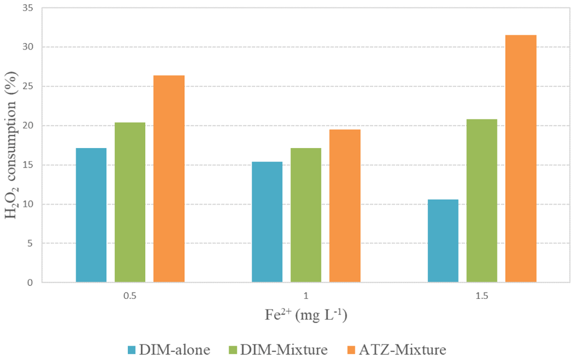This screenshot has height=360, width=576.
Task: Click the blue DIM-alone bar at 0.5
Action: [91, 215]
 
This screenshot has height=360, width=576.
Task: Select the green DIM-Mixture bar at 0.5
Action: [130, 202]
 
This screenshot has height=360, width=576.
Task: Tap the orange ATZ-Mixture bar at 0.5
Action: [169, 179]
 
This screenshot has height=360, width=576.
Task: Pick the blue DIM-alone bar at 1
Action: [267, 222]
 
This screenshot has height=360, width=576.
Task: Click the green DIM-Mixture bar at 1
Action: [306, 215]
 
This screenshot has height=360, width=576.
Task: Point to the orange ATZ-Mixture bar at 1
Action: [345, 206]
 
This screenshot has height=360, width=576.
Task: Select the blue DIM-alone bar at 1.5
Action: [443, 241]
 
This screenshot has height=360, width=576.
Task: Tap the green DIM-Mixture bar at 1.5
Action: [482, 201]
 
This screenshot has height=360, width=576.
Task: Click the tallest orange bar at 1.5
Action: [521, 159]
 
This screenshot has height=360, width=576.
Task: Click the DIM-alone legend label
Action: [175, 350]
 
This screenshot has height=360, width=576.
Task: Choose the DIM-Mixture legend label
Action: [283, 350]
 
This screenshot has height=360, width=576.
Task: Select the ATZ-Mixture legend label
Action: [402, 350]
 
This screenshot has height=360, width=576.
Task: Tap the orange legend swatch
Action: [352, 350]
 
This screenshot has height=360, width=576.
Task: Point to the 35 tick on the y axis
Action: [28, 7]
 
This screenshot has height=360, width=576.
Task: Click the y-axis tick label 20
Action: [28, 126]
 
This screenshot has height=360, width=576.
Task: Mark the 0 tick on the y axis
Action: [30, 282]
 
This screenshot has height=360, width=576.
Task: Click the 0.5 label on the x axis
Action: [130, 296]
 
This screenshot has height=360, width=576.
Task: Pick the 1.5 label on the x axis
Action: [482, 296]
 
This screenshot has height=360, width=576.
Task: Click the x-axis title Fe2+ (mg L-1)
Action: [306, 316]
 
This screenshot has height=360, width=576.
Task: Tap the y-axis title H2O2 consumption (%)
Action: [11, 145]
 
